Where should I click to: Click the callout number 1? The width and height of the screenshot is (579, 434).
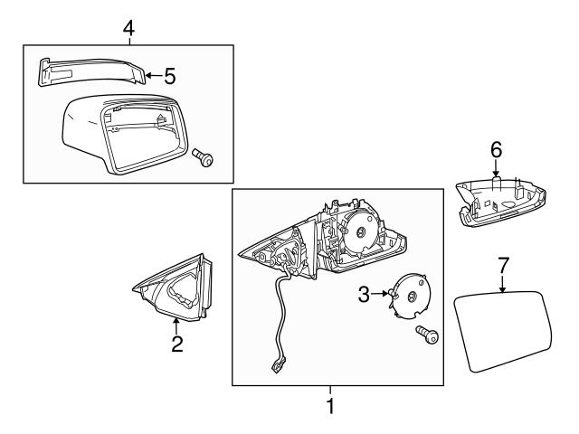(330, 407)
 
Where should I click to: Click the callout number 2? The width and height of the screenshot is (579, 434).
(177, 343)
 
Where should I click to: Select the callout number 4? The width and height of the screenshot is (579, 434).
(128, 30)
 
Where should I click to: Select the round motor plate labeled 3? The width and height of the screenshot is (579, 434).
(412, 297)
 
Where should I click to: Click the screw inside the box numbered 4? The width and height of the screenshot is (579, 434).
(204, 160)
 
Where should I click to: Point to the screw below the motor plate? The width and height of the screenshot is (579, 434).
(426, 337)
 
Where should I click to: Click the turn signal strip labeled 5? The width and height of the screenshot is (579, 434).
(90, 71)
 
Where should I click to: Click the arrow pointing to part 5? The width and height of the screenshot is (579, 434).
(152, 76)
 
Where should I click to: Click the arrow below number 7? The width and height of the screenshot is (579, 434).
(504, 285)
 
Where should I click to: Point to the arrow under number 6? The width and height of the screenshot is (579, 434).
(496, 170)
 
